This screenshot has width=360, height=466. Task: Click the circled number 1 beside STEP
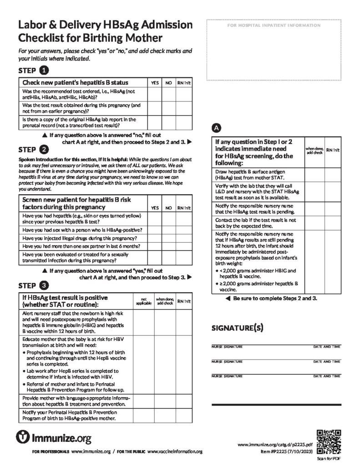click(43, 71)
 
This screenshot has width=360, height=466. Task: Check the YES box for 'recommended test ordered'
click(155, 94)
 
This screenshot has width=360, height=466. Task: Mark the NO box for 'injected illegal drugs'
click(168, 238)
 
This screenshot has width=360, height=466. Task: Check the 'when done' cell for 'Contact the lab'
click(314, 223)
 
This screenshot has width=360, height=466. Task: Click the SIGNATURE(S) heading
click(237, 328)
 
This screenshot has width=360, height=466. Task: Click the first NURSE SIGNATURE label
click(227, 347)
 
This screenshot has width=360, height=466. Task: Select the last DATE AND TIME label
click(326, 376)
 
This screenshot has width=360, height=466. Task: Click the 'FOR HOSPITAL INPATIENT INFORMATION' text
click(274, 25)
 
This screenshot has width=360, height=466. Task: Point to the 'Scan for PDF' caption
click(328, 459)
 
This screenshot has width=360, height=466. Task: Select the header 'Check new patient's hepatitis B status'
click(75, 83)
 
